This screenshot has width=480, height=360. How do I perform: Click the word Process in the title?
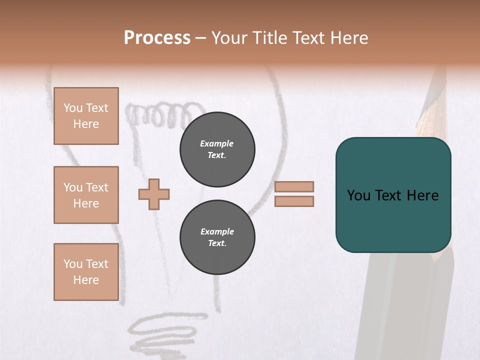[157, 37]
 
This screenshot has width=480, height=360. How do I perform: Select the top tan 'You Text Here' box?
[86, 116]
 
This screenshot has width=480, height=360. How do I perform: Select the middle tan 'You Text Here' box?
[86, 195]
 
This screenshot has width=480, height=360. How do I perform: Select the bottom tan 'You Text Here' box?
[86, 272]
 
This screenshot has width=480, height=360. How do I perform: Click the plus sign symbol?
[154, 194]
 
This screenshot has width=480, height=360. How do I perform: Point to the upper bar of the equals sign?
[294, 186]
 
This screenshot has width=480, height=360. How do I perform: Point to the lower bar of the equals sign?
[294, 201]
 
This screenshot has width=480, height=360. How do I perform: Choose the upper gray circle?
[217, 149]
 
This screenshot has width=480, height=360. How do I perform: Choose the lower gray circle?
[217, 237]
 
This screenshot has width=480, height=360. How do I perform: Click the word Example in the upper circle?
[217, 143]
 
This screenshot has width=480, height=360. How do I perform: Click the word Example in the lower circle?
[217, 231]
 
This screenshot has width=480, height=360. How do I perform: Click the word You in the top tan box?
[73, 108]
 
